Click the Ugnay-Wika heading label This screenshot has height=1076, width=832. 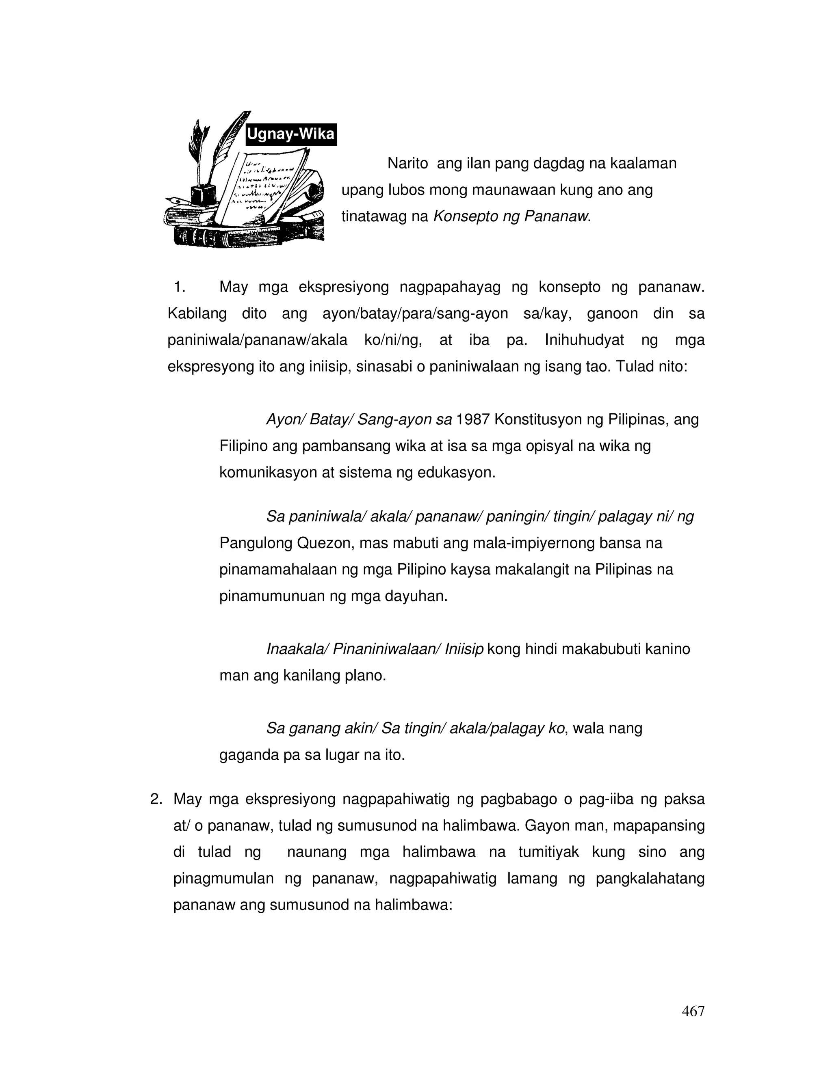point(291,134)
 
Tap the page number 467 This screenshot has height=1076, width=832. point(693,1011)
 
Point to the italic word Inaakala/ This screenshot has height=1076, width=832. point(297,649)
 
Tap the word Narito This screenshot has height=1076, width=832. point(407,163)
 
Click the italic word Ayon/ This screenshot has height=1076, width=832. point(286,419)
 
